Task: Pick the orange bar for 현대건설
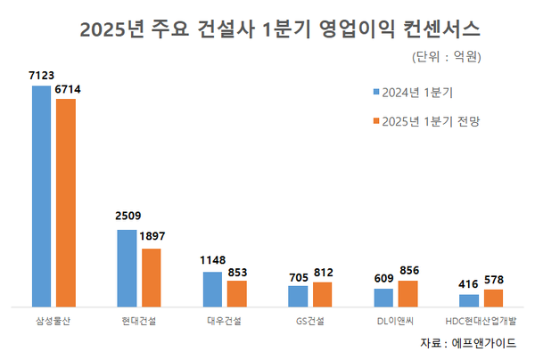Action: pos(151,277)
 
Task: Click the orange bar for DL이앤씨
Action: pos(407,293)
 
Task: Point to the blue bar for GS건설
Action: pos(299,296)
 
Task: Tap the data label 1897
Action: pos(152,235)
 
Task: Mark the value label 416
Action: pos(470,283)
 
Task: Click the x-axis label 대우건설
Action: pos(224,318)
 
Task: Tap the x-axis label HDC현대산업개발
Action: pos(482,318)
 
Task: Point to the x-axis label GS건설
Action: pos(310,318)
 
